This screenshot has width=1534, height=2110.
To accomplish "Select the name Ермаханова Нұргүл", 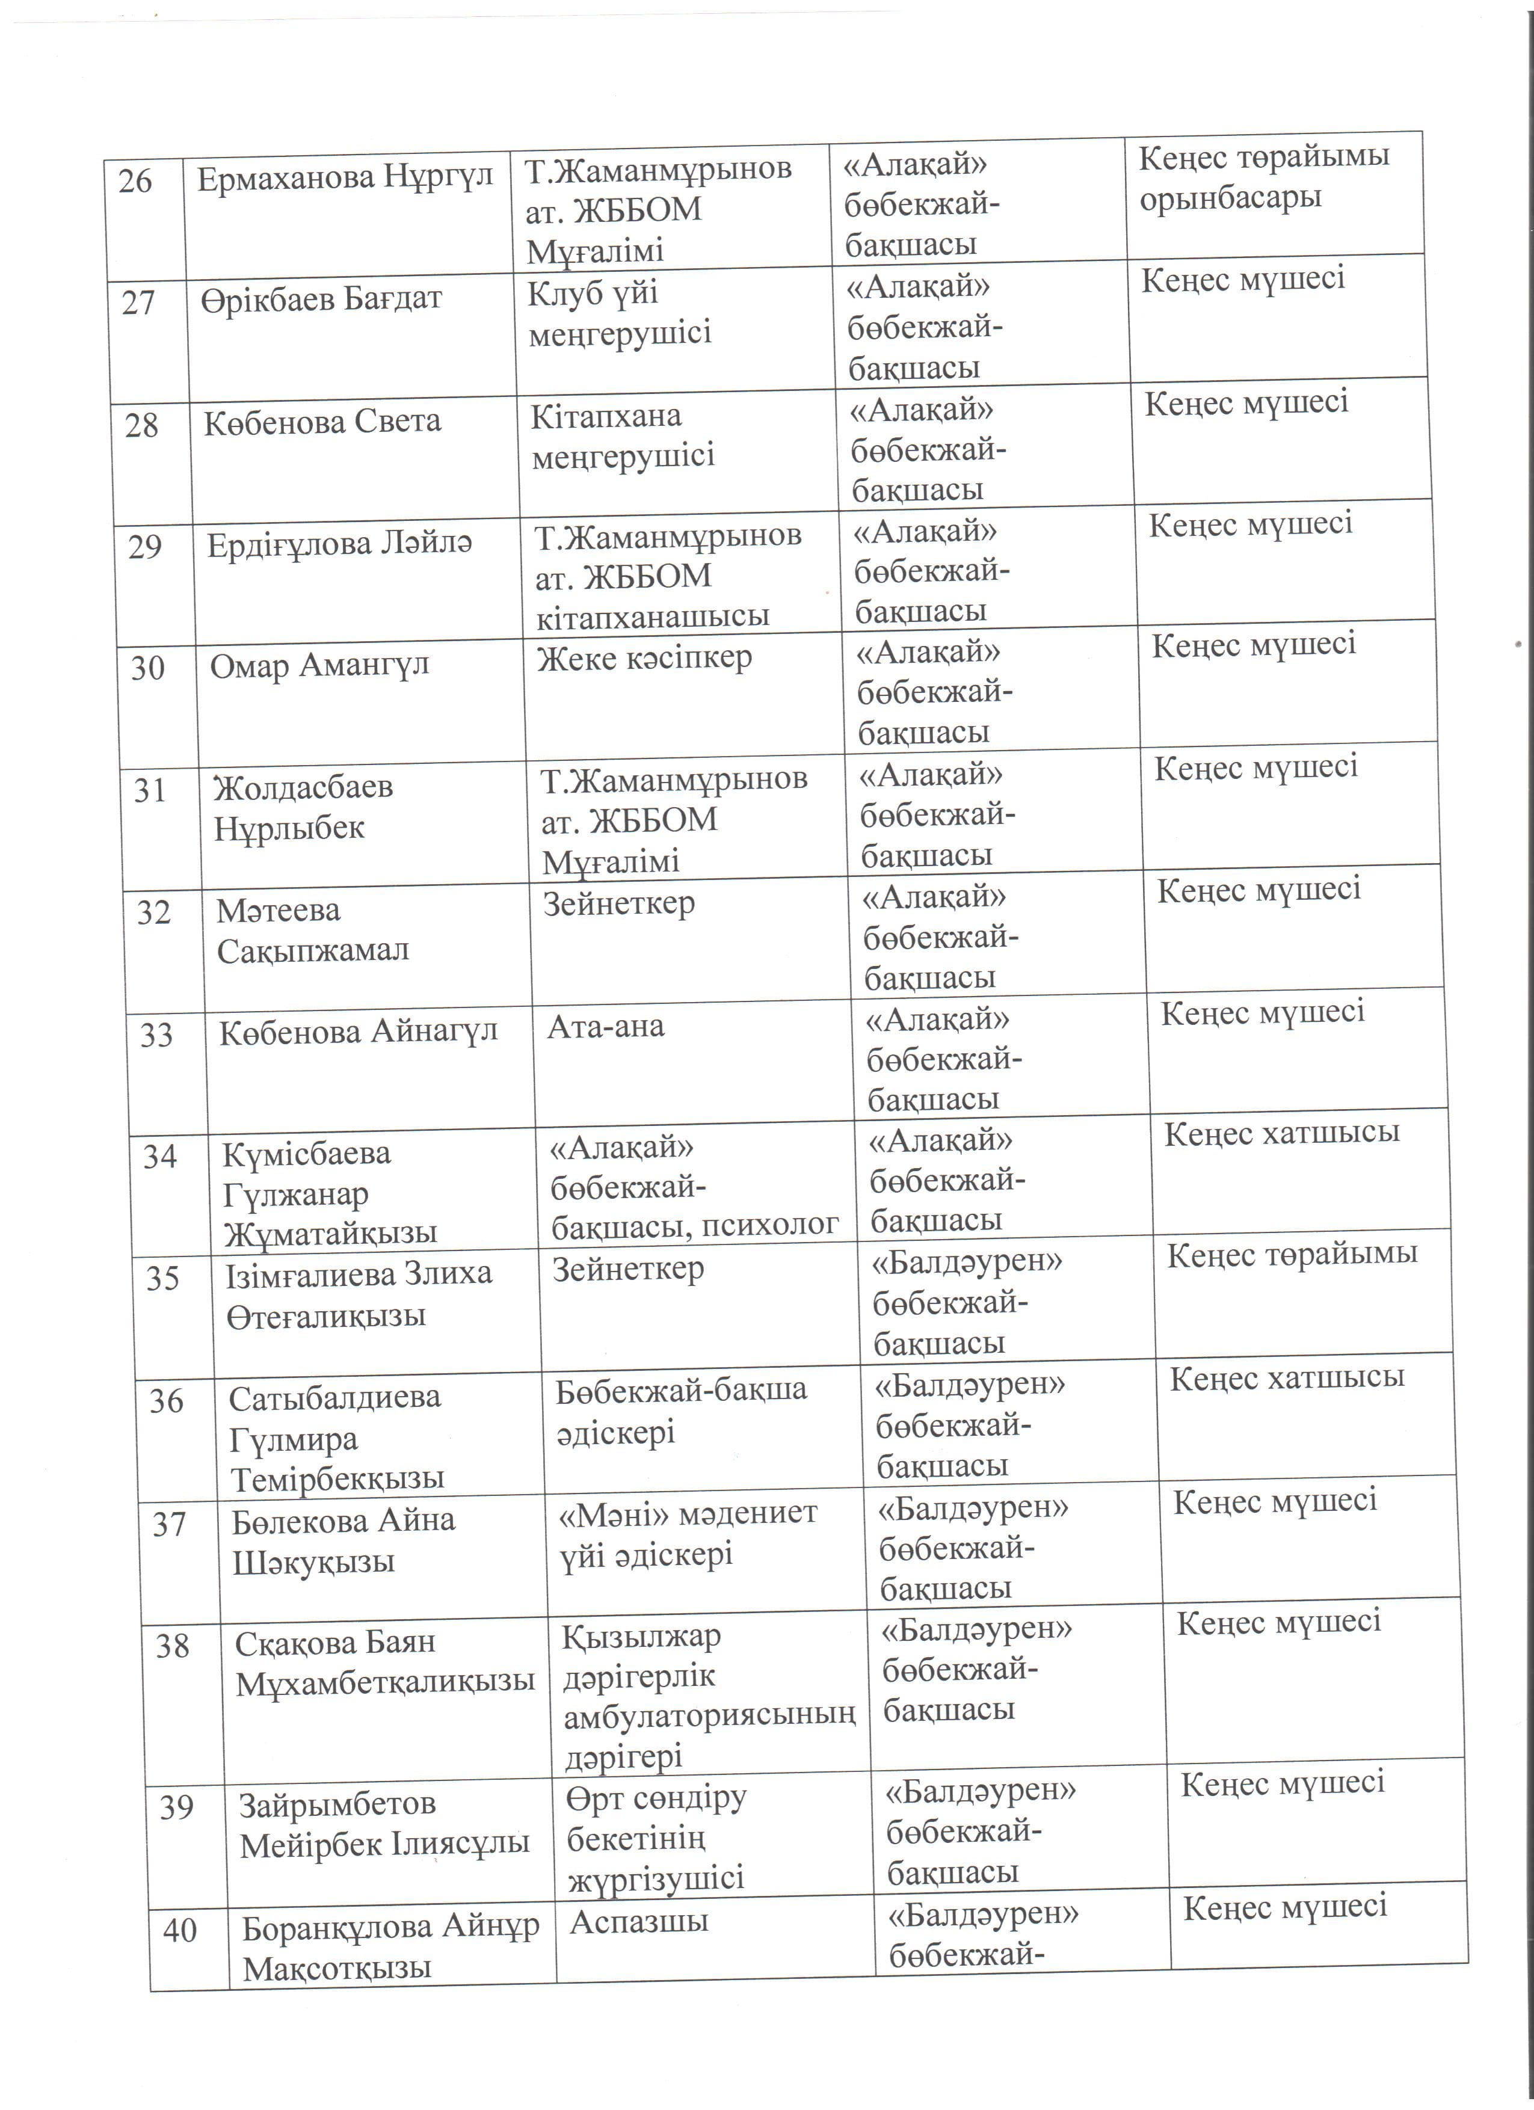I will pyautogui.click(x=344, y=177).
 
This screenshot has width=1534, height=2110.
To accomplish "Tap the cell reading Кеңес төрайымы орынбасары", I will pyautogui.click(x=1263, y=177).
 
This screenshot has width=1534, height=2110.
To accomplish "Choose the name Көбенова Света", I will pyautogui.click(x=322, y=422).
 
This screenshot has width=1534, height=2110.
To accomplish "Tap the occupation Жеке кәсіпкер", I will pyautogui.click(x=644, y=659).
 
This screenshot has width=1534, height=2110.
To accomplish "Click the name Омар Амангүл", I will pyautogui.click(x=319, y=666).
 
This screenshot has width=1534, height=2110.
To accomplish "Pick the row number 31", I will pyautogui.click(x=150, y=791).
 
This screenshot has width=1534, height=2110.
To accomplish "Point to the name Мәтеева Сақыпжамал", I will pyautogui.click(x=313, y=930).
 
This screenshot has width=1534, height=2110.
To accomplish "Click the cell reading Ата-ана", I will pyautogui.click(x=606, y=1027).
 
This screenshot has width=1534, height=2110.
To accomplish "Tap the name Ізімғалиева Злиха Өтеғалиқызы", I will pyautogui.click(x=358, y=1294).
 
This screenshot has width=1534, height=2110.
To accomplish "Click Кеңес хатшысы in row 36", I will pyautogui.click(x=1287, y=1378).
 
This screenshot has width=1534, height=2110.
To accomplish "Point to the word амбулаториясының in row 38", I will pyautogui.click(x=709, y=1715).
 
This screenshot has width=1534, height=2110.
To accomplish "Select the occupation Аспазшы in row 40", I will pyautogui.click(x=639, y=1922).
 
